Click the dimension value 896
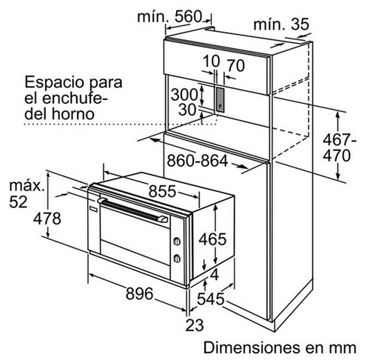pyautogui.click(x=140, y=294)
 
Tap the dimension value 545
pyautogui.click(x=210, y=299)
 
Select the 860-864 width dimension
pyautogui.click(x=198, y=161)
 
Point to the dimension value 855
pyautogui.click(x=162, y=191)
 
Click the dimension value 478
pyautogui.click(x=47, y=219)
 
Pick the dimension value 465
pyautogui.click(x=212, y=239)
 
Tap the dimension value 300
pyautogui.click(x=184, y=94)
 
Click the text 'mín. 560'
pyautogui.click(x=169, y=17)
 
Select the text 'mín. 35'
pyautogui.click(x=281, y=24)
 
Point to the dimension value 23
pyautogui.click(x=195, y=325)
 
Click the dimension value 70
pyautogui.click(x=236, y=65)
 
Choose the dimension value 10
pyautogui.click(x=211, y=61)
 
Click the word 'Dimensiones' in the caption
pyautogui.click(x=251, y=347)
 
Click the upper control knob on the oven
pyautogui.click(x=177, y=241)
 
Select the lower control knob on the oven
pyautogui.click(x=177, y=259)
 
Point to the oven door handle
pyautogui.click(x=132, y=210)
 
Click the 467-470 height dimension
pyautogui.click(x=340, y=147)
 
